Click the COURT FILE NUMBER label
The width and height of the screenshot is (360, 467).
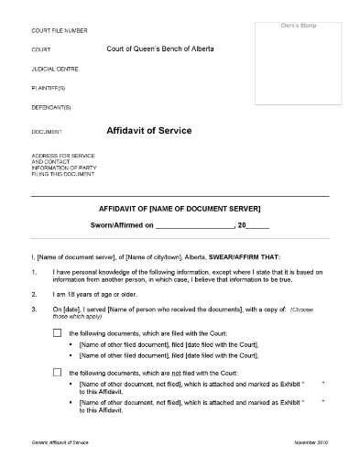[x=60, y=30]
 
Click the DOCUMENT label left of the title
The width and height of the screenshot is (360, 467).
[x=48, y=133]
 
